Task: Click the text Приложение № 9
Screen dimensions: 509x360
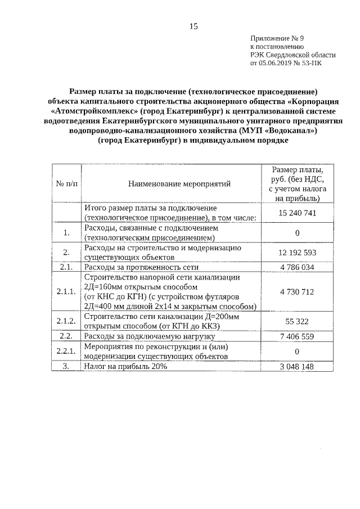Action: tap(277, 39)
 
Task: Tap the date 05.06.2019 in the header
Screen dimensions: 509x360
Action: tap(277, 64)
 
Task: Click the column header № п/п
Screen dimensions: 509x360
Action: tap(66, 183)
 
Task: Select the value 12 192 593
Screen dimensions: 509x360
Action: tap(297, 252)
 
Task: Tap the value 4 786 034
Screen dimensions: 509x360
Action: tap(297, 267)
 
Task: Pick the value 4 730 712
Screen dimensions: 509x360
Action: tap(297, 292)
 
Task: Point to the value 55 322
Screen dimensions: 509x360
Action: tap(297, 321)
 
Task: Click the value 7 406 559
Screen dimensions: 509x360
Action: tap(297, 336)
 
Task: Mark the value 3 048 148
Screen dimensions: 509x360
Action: tap(297, 366)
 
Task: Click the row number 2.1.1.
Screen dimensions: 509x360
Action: tap(66, 292)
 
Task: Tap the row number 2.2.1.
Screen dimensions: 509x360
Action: tap(66, 352)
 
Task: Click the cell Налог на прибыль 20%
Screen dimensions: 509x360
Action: tap(126, 366)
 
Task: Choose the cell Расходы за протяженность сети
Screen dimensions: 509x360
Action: tap(141, 267)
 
